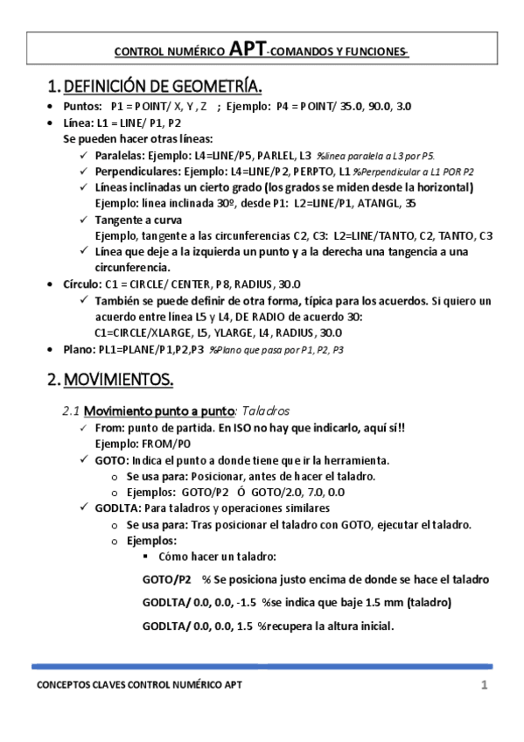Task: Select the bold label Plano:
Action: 81,349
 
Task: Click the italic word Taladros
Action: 263,410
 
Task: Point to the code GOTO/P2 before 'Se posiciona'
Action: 166,579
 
